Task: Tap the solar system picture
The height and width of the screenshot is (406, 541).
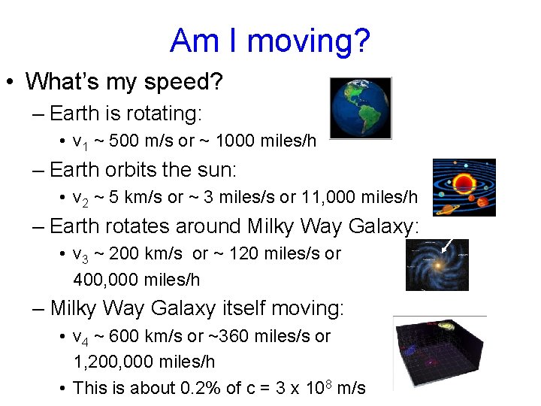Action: (464, 187)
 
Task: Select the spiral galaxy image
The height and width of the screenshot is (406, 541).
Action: (437, 265)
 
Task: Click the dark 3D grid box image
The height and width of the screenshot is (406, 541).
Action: (440, 352)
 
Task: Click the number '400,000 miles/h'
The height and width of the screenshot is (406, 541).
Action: (136, 280)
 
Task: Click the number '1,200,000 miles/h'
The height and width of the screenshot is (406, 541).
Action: (144, 362)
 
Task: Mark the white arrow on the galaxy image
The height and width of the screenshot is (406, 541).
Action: (449, 245)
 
